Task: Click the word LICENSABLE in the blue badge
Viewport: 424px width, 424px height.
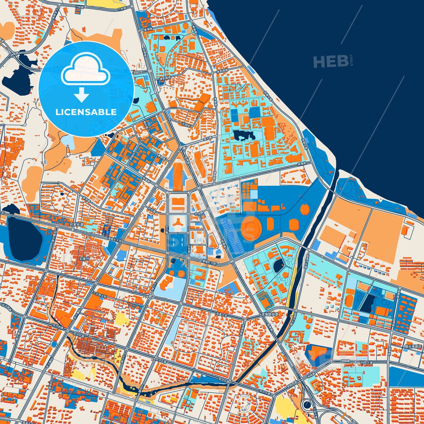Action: (x=86, y=112)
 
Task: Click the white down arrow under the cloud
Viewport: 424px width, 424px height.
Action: (x=81, y=94)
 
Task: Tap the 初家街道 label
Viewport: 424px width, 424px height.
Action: (x=77, y=224)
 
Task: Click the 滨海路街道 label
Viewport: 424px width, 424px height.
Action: (x=270, y=314)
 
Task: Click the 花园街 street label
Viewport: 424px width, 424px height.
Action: (x=186, y=125)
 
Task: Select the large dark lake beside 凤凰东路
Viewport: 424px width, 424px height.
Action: (x=25, y=237)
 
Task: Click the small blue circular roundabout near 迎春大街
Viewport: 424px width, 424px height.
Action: (x=53, y=344)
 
